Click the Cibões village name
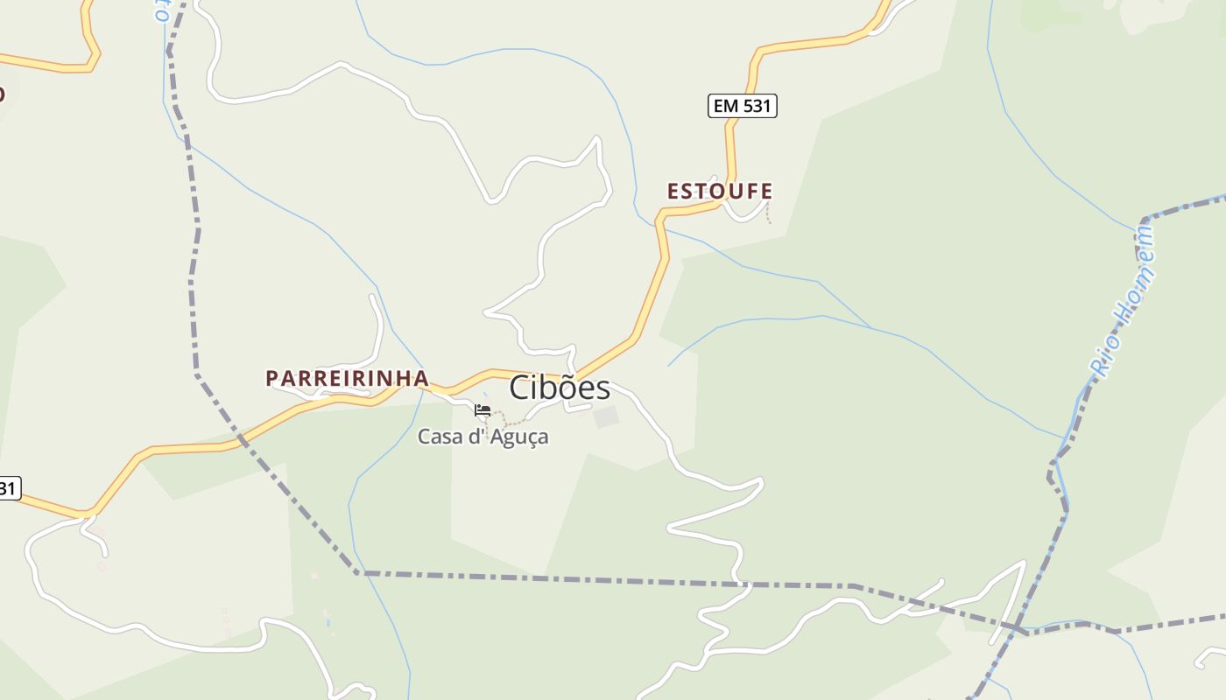560,388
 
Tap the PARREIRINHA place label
348,378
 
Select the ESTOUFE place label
720,191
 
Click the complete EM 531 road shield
743,106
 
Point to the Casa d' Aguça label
483,436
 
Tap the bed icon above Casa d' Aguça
483,409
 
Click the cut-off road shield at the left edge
8,488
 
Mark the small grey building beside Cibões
606,416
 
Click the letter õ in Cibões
559,388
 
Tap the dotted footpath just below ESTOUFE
769,213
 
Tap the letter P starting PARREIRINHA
271,378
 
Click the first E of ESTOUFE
673,191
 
